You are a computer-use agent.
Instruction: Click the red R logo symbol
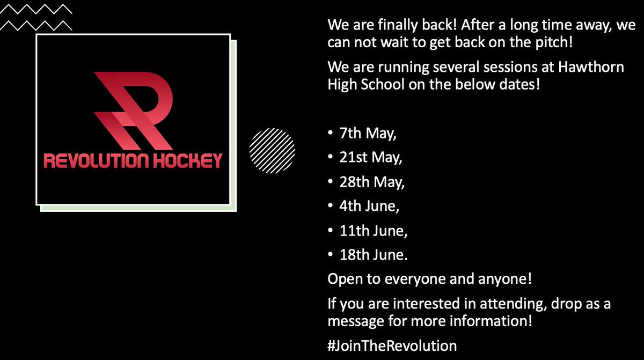coord(134,110)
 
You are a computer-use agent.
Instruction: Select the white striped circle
coord(273,149)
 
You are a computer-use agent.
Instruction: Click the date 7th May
coord(368,134)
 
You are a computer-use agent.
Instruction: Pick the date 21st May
coord(371,158)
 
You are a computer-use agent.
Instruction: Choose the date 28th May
coord(372,182)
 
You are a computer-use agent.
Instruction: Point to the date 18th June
coord(373,255)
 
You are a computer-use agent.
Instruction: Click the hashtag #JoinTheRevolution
coord(392,345)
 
